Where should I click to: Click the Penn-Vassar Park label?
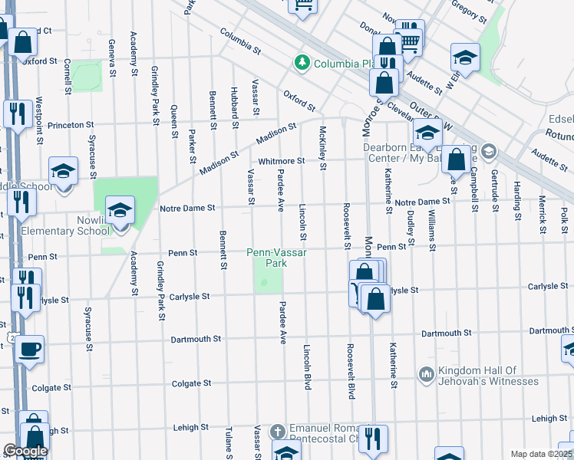pyautogui.click(x=266, y=257)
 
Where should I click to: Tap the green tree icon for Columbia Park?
pyautogui.click(x=303, y=62)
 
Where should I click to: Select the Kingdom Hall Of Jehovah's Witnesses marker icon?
pyautogui.click(x=427, y=374)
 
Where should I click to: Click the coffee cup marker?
pyautogui.click(x=30, y=349)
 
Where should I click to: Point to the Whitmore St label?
pyautogui.click(x=282, y=161)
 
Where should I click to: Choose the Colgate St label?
pyautogui.click(x=191, y=383)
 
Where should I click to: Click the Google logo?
pyautogui.click(x=25, y=451)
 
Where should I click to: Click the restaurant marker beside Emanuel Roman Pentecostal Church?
pyautogui.click(x=374, y=439)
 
